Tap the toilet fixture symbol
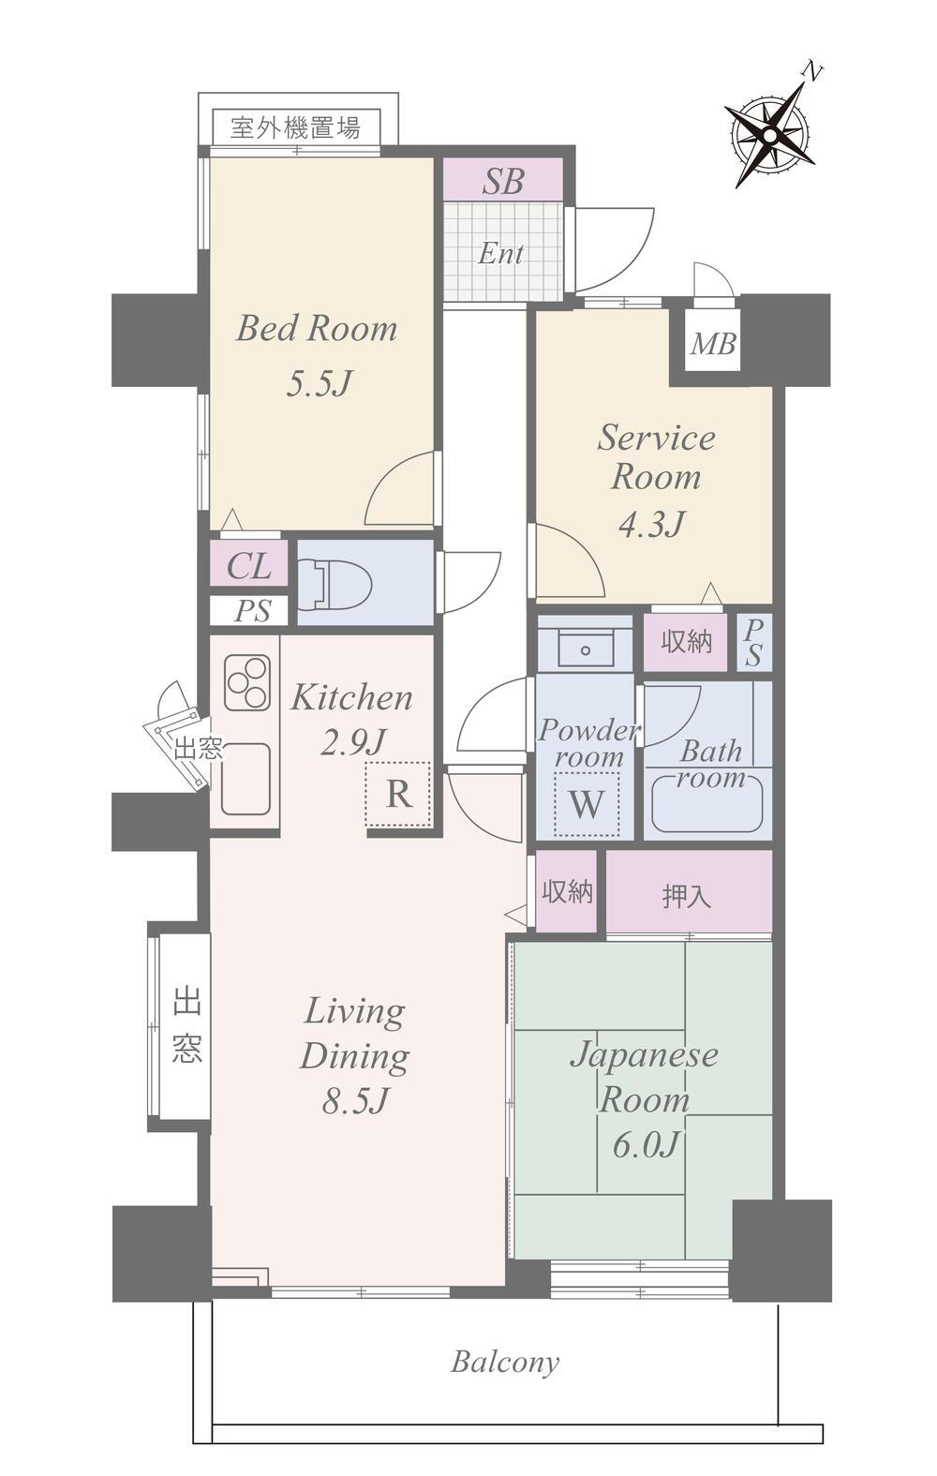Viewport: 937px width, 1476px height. pyautogui.click(x=335, y=583)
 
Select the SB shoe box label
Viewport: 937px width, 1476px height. pyautogui.click(x=503, y=181)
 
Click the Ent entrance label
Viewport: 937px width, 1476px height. pyautogui.click(x=500, y=253)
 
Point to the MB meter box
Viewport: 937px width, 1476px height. pyautogui.click(x=712, y=344)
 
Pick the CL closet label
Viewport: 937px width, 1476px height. pyautogui.click(x=248, y=566)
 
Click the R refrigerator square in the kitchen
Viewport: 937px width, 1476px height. pyautogui.click(x=398, y=794)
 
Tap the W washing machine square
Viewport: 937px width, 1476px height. pyautogui.click(x=587, y=803)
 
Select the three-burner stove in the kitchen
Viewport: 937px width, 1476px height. pyautogui.click(x=247, y=682)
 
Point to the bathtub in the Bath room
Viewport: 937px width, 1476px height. pyautogui.click(x=707, y=805)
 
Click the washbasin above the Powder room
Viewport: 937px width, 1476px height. pyautogui.click(x=585, y=647)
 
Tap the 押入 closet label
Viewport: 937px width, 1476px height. pyautogui.click(x=687, y=896)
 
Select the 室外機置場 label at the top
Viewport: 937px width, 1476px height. pyautogui.click(x=296, y=127)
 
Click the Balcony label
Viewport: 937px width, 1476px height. pyautogui.click(x=505, y=1362)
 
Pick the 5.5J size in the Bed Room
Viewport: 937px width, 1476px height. pyautogui.click(x=319, y=383)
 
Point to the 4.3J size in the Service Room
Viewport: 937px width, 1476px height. pyautogui.click(x=651, y=524)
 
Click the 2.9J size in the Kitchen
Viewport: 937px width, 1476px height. pyautogui.click(x=352, y=742)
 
